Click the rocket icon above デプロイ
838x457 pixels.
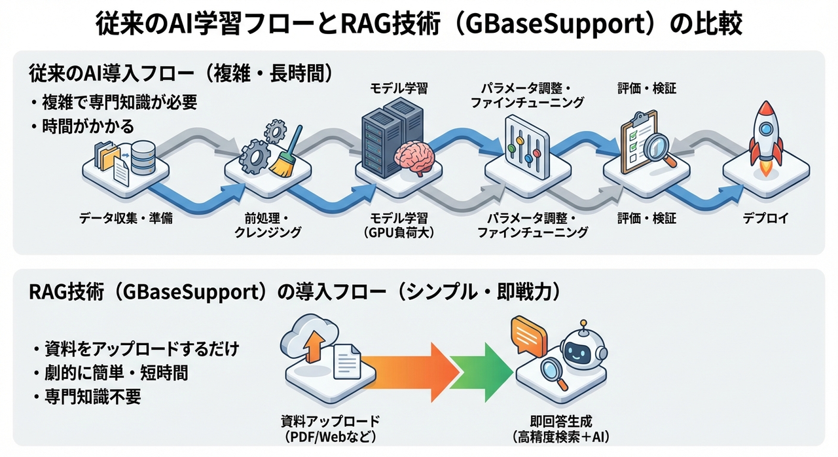pos(764,134)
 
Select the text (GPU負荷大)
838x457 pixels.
pos(399,232)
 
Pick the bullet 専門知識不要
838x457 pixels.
pos(92,397)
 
